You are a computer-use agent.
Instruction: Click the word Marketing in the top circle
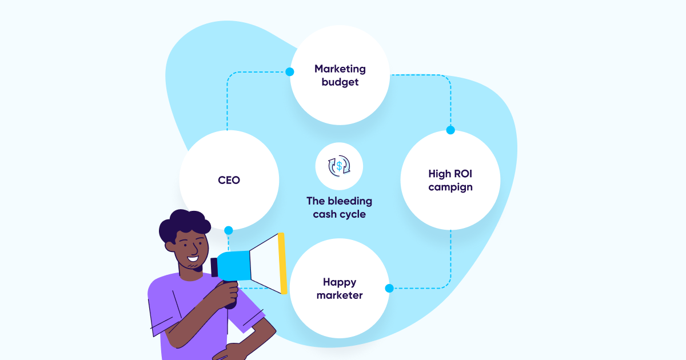tap(340, 69)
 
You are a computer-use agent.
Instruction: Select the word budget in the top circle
tap(340, 82)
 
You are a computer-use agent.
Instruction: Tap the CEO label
tap(229, 180)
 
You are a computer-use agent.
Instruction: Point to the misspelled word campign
tap(450, 187)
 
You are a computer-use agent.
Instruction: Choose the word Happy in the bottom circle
tap(340, 282)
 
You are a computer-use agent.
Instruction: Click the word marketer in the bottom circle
tap(340, 295)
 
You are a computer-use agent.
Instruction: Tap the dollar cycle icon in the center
tap(339, 166)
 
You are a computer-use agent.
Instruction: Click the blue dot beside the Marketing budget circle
tap(290, 72)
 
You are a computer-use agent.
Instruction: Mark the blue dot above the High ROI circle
tap(450, 130)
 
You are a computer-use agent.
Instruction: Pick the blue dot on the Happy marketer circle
tap(389, 289)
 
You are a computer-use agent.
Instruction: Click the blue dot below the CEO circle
tap(229, 230)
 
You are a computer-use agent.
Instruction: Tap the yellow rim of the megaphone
tap(282, 263)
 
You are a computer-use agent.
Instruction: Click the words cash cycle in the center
tap(340, 214)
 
